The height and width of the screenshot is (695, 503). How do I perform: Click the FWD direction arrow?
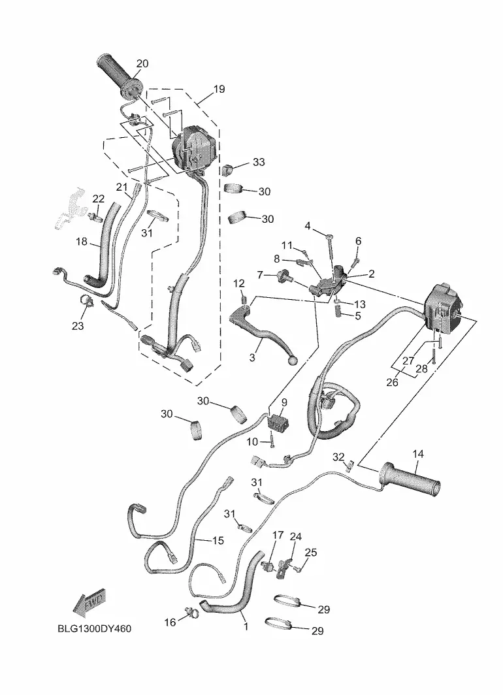pyautogui.click(x=90, y=604)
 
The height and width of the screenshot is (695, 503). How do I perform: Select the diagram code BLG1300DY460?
pyautogui.click(x=95, y=628)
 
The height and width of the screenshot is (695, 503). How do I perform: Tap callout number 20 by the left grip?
pyautogui.click(x=142, y=64)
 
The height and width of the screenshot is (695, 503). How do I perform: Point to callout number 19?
pyautogui.click(x=219, y=89)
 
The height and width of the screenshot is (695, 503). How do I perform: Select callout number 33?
pyautogui.click(x=259, y=162)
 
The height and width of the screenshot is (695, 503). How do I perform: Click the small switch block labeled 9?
pyautogui.click(x=278, y=421)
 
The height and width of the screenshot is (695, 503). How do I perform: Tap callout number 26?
pyautogui.click(x=392, y=382)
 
